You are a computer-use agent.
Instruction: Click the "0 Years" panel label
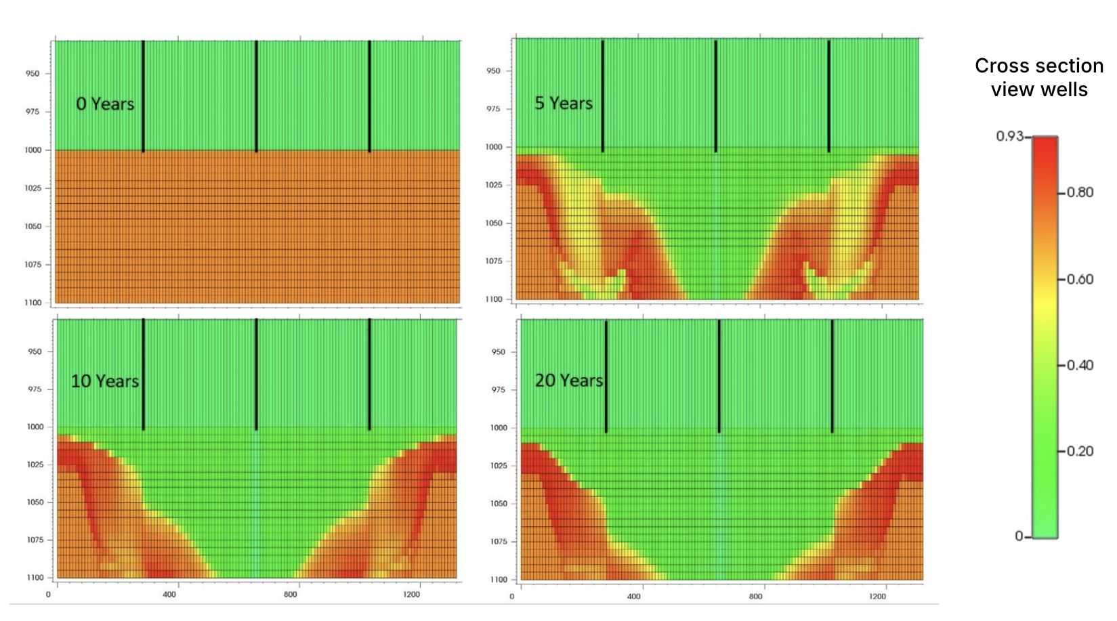[105, 104]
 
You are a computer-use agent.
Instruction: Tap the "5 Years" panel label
[564, 103]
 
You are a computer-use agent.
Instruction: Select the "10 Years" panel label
[105, 381]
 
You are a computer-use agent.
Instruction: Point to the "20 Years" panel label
[569, 381]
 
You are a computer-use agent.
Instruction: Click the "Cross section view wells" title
[1039, 77]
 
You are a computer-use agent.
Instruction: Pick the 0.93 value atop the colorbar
[1009, 136]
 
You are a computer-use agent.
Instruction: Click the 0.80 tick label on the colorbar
[1080, 192]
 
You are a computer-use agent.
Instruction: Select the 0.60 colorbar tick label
[1080, 279]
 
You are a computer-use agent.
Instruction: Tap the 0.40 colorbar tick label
[1080, 365]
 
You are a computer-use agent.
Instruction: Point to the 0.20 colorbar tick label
[1080, 451]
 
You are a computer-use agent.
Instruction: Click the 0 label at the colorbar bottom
[1019, 536]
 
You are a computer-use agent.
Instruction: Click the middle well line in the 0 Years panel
[256, 95]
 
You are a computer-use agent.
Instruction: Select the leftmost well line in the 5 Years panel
[602, 95]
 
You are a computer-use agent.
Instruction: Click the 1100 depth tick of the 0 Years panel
[33, 303]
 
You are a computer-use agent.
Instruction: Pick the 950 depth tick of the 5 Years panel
[493, 70]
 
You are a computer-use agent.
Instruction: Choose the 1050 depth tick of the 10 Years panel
[35, 502]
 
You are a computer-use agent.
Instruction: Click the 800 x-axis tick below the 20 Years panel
[755, 597]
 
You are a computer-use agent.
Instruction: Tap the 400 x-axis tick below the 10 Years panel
[169, 595]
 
